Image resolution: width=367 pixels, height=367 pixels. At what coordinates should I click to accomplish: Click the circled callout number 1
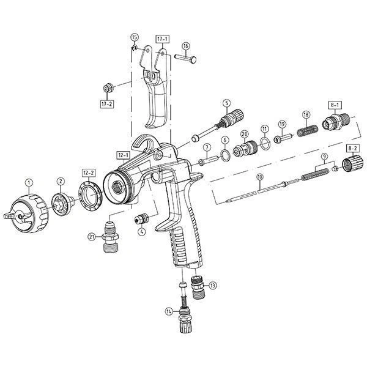click(x=28, y=182)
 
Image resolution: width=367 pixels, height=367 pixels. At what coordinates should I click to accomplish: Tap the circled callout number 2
click(x=61, y=182)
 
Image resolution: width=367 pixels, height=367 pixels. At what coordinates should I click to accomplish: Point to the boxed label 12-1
click(x=124, y=154)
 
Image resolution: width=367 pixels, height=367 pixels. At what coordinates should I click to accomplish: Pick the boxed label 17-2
click(x=107, y=104)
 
